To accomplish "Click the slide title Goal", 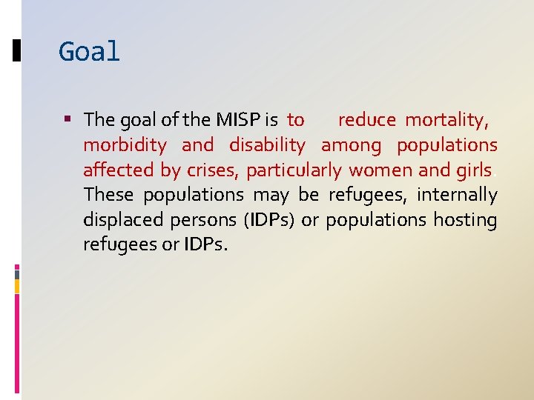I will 89,52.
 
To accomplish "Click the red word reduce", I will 366,119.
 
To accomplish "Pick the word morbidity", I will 125,144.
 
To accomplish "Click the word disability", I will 267,144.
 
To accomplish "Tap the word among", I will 351,145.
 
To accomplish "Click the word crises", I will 212,170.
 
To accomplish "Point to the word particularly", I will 294,170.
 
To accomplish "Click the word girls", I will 474,170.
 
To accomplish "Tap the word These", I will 108,195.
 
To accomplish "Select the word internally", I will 457,195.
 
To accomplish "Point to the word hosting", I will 465,220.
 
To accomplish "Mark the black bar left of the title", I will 17,51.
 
